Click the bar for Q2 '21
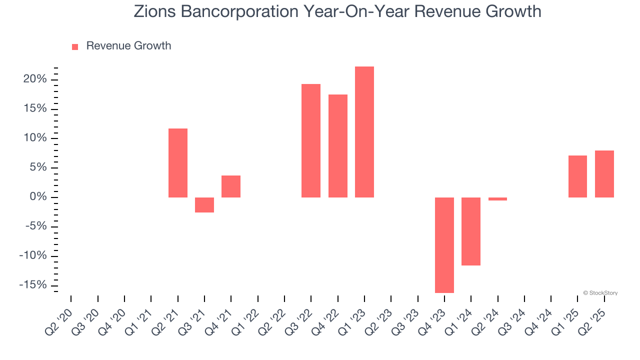coord(178,163)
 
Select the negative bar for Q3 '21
coord(204,205)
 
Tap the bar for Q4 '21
coord(231,186)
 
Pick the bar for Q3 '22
coord(311,140)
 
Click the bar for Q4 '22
coord(338,146)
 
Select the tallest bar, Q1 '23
coord(364,132)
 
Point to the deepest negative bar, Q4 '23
coord(444,245)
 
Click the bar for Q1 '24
coord(471,231)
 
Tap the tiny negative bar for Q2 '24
coord(497,199)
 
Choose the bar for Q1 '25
coord(577,176)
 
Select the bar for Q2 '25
coord(604,174)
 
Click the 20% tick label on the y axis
coord(34,79)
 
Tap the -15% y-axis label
coord(33,285)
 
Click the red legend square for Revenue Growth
coord(75,46)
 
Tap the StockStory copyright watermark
coord(600,293)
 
